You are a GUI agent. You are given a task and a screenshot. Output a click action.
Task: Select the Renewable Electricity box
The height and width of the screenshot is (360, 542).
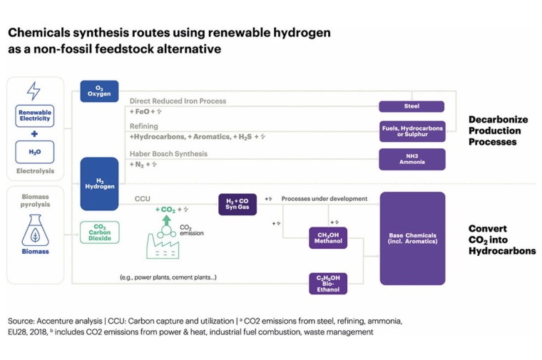pyautogui.click(x=34, y=115)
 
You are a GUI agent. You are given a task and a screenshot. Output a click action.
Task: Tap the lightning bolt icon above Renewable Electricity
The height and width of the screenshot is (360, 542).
pyautogui.click(x=34, y=91)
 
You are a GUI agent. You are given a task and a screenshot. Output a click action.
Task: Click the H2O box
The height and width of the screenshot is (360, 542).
pyautogui.click(x=34, y=151)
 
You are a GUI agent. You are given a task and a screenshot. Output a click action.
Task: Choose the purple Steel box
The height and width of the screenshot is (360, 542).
pyautogui.click(x=411, y=106)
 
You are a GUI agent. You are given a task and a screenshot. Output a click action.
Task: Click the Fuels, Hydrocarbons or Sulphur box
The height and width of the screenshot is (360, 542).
pyautogui.click(x=411, y=132)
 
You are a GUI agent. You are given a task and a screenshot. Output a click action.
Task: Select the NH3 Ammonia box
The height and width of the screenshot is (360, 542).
pyautogui.click(x=411, y=159)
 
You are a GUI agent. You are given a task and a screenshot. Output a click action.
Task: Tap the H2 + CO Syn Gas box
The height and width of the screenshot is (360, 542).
pyautogui.click(x=237, y=204)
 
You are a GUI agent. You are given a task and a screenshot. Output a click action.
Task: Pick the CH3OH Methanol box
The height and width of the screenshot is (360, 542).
pyautogui.click(x=328, y=237)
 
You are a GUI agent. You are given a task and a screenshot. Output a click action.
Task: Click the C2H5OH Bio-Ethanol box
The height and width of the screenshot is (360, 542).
pyautogui.click(x=328, y=283)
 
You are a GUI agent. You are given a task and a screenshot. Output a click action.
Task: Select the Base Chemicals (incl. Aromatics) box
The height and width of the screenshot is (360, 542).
pyautogui.click(x=411, y=238)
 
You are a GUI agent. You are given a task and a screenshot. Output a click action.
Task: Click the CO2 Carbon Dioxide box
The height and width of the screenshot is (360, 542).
pyautogui.click(x=99, y=232)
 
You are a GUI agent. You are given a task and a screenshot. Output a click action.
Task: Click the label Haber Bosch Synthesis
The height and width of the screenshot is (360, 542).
pyautogui.click(x=168, y=153)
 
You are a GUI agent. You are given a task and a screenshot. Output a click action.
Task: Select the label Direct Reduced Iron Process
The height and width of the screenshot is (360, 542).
pyautogui.click(x=178, y=101)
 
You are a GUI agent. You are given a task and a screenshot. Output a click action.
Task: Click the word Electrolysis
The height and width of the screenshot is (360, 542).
pyautogui.click(x=34, y=171)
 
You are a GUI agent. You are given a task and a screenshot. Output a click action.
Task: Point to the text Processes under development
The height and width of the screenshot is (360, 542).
pyautogui.click(x=324, y=198)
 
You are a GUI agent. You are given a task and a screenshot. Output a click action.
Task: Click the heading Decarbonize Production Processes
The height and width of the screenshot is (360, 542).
pyautogui.click(x=494, y=131)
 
